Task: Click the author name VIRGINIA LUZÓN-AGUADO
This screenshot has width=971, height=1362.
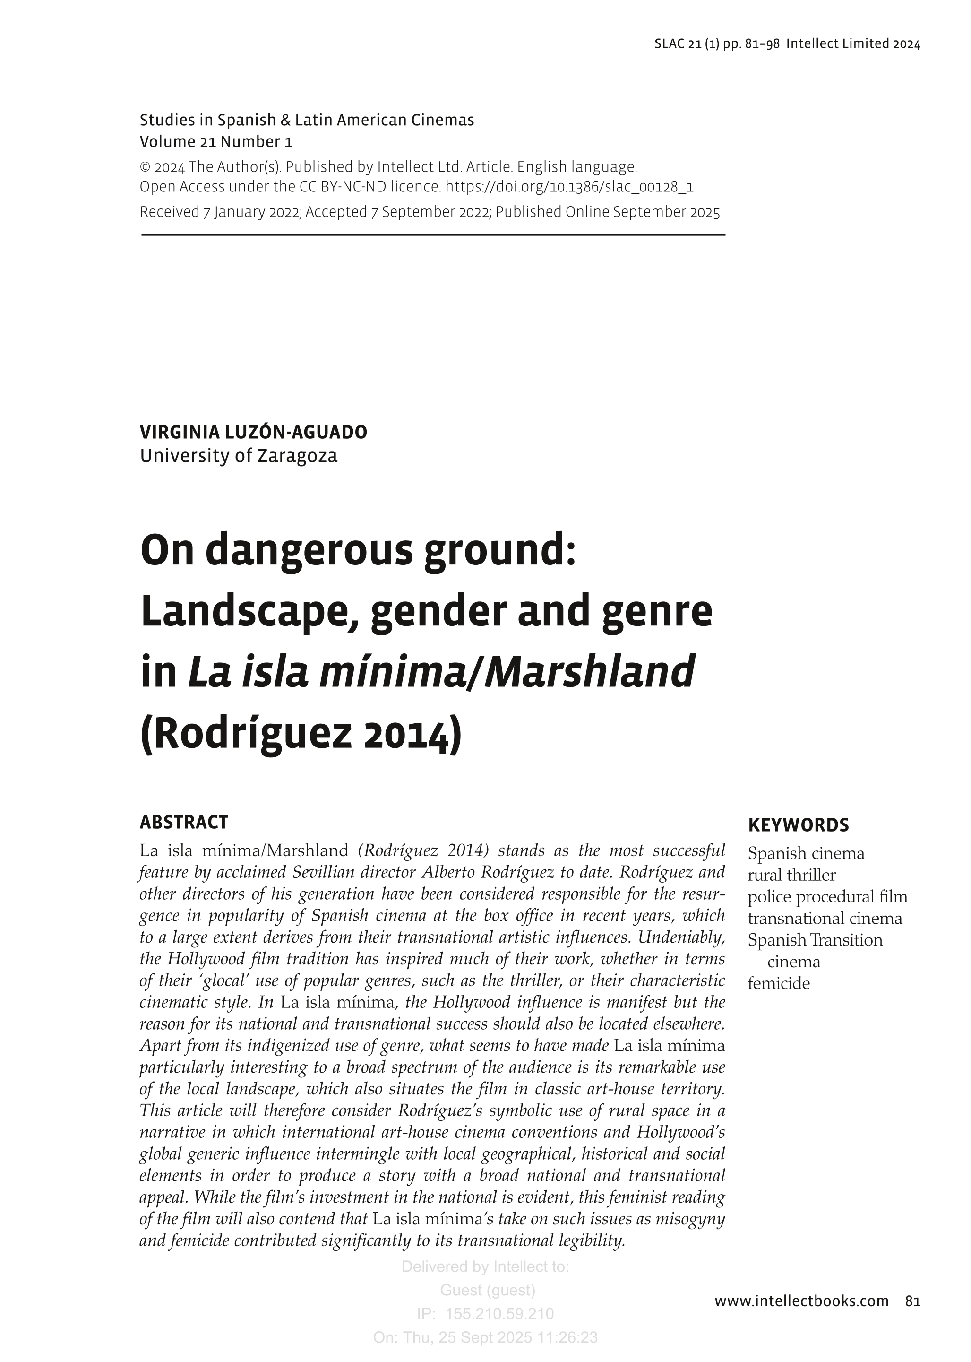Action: [254, 432]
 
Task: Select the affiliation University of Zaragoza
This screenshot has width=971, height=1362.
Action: [239, 456]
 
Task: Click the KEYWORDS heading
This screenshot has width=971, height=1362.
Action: [798, 825]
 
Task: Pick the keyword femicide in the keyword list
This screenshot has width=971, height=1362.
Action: [779, 983]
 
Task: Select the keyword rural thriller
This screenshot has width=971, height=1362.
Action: [791, 875]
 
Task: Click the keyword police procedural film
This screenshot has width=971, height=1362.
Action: [827, 897]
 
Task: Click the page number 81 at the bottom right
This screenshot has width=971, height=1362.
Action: [912, 1301]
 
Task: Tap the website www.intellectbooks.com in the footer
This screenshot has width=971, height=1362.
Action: [801, 1301]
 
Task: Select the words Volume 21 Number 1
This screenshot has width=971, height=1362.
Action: [216, 142]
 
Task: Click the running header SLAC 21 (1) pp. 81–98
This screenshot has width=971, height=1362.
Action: [717, 43]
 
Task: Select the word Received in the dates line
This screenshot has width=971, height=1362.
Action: [169, 212]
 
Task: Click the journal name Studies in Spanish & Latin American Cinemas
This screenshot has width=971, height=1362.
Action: [307, 120]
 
